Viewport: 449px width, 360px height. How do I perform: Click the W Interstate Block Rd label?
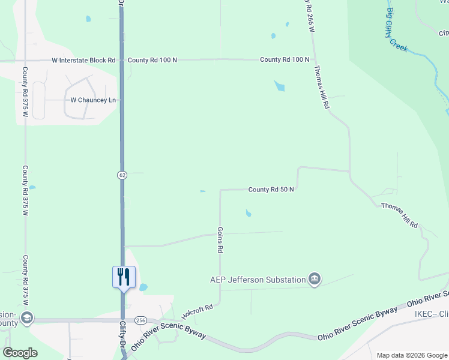(83, 61)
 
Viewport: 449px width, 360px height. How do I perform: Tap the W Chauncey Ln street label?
(93, 100)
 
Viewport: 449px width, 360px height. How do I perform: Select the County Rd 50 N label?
(271, 190)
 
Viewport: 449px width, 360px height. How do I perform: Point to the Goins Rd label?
(220, 239)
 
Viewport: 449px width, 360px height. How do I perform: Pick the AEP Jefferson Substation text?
(258, 280)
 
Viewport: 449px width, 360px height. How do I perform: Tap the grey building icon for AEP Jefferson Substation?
(315, 279)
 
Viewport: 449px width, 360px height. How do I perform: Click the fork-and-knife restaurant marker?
(124, 277)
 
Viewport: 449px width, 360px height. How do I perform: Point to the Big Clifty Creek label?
(398, 30)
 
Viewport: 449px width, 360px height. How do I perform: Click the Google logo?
(20, 353)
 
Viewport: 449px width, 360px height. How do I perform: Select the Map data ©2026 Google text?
(411, 355)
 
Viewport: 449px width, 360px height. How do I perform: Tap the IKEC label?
(431, 314)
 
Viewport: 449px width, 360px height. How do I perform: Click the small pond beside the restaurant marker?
(143, 287)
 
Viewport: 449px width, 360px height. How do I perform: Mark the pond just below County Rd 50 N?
(249, 213)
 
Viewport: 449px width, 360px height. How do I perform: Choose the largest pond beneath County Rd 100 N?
(279, 86)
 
